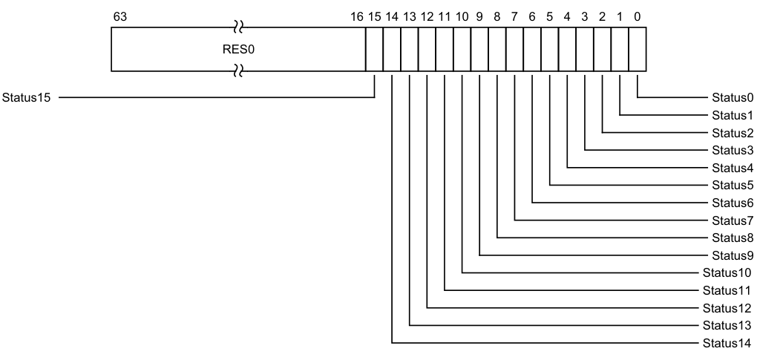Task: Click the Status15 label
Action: [27, 97]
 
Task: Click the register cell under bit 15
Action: [374, 50]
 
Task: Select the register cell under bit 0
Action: [638, 50]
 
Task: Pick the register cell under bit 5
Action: [550, 50]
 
